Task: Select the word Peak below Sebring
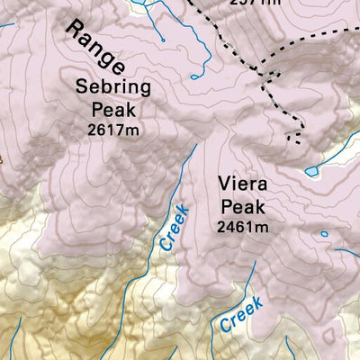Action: (116, 111)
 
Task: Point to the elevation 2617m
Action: (116, 130)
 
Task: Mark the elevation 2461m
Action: (243, 228)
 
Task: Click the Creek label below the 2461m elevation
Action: (240, 313)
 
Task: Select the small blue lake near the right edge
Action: (311, 170)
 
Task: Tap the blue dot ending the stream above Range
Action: (162, 40)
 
